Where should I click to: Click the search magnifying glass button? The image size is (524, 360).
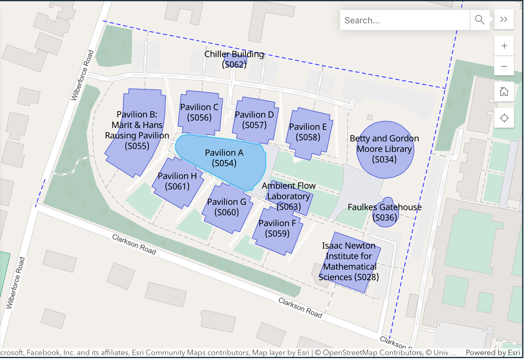[479, 20]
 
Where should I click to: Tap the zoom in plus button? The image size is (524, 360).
[504, 46]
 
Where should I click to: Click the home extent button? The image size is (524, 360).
[504, 92]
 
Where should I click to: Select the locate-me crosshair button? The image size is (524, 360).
[504, 118]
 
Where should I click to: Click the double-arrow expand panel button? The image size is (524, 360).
[504, 19]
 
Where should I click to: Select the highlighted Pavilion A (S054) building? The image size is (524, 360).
[224, 158]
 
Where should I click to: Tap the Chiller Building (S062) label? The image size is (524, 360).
[234, 59]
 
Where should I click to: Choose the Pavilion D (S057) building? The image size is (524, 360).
[254, 120]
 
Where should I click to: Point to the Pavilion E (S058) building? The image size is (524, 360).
[308, 132]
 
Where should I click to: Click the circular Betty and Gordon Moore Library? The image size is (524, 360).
[384, 149]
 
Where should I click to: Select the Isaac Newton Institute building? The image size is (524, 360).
[349, 262]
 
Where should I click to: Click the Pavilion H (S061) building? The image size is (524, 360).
[177, 181]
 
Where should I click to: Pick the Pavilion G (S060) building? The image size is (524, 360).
[226, 207]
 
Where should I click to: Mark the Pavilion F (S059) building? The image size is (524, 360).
[277, 229]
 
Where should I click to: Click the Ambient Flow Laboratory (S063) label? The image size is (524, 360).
[288, 196]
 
